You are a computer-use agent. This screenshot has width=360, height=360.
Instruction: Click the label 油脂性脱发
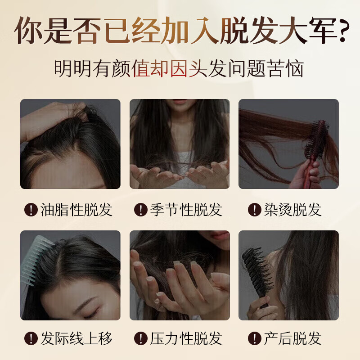[76, 210]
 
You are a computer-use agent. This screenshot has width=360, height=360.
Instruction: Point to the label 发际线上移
[76, 338]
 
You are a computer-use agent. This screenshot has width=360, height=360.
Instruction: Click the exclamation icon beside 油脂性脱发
[31, 210]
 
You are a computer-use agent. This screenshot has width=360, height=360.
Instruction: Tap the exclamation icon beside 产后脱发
[255, 339]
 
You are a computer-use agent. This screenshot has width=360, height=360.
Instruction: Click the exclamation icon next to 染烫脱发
[255, 210]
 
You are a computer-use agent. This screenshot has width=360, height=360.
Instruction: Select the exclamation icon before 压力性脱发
[141, 339]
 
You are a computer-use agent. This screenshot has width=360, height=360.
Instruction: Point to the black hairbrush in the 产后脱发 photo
[259, 274]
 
